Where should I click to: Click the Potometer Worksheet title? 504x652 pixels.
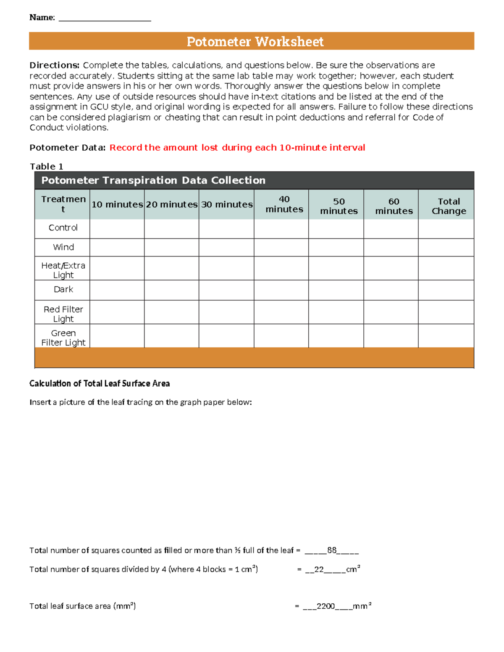coord(255,42)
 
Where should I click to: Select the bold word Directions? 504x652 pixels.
coord(54,65)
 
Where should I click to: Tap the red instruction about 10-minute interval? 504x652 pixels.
coord(237,147)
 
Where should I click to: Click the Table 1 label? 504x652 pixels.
coord(46,166)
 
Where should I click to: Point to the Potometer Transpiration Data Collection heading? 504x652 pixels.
coord(153,180)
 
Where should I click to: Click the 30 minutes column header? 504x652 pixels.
coord(227,204)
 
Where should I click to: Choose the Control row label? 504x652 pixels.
coord(63,228)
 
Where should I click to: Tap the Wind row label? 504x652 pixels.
coord(63,247)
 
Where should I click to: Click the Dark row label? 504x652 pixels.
coord(63,289)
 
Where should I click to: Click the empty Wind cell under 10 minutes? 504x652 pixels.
coord(117,247)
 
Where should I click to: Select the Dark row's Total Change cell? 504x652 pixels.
coord(446,290)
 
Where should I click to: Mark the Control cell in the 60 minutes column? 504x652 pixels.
coord(391,229)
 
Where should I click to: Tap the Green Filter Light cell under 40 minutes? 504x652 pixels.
coord(281,336)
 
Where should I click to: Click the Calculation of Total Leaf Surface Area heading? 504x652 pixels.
coord(100,383)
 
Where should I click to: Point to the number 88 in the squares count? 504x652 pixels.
coord(332,550)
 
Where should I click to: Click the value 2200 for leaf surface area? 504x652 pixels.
coord(325,606)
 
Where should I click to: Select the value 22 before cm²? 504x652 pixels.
coord(319,569)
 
